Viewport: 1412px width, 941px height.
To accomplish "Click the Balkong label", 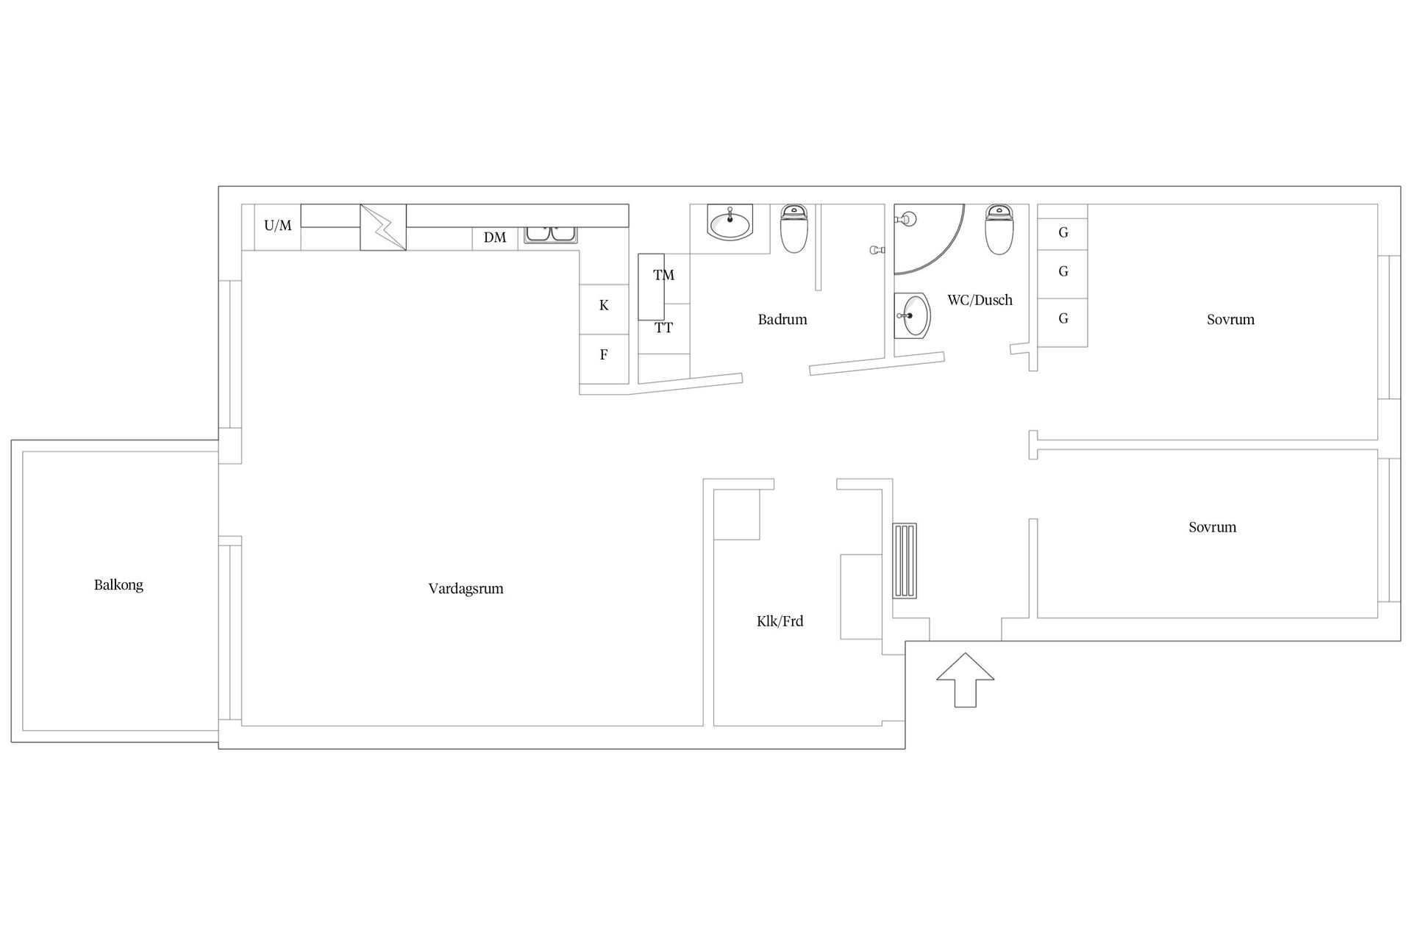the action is [x=118, y=586].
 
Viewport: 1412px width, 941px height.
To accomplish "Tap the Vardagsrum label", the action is [x=466, y=589].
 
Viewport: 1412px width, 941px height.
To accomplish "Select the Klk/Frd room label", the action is [x=780, y=621].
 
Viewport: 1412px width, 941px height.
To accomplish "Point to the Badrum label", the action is [x=782, y=320].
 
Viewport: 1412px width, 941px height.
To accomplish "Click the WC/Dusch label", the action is [x=980, y=300].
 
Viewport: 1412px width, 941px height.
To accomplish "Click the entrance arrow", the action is [x=965, y=680].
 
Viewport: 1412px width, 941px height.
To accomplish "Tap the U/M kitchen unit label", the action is [x=278, y=226].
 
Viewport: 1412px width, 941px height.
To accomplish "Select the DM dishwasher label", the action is [x=495, y=237].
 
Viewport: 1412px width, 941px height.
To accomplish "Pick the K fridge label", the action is [x=604, y=305].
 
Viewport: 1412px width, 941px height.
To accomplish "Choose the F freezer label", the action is [x=604, y=355].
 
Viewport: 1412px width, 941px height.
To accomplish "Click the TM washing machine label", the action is [x=663, y=276].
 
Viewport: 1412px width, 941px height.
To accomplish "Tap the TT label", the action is [x=663, y=329].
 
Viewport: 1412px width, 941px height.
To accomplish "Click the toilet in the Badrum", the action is [x=794, y=229].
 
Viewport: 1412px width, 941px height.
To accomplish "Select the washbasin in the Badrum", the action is [x=730, y=222].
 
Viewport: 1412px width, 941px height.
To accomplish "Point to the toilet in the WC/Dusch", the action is [x=999, y=229].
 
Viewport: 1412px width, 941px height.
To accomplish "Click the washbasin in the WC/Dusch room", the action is [x=913, y=315].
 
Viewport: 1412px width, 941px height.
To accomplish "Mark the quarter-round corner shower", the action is [x=928, y=239].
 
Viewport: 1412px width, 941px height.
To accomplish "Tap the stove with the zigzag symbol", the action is [x=383, y=227].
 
